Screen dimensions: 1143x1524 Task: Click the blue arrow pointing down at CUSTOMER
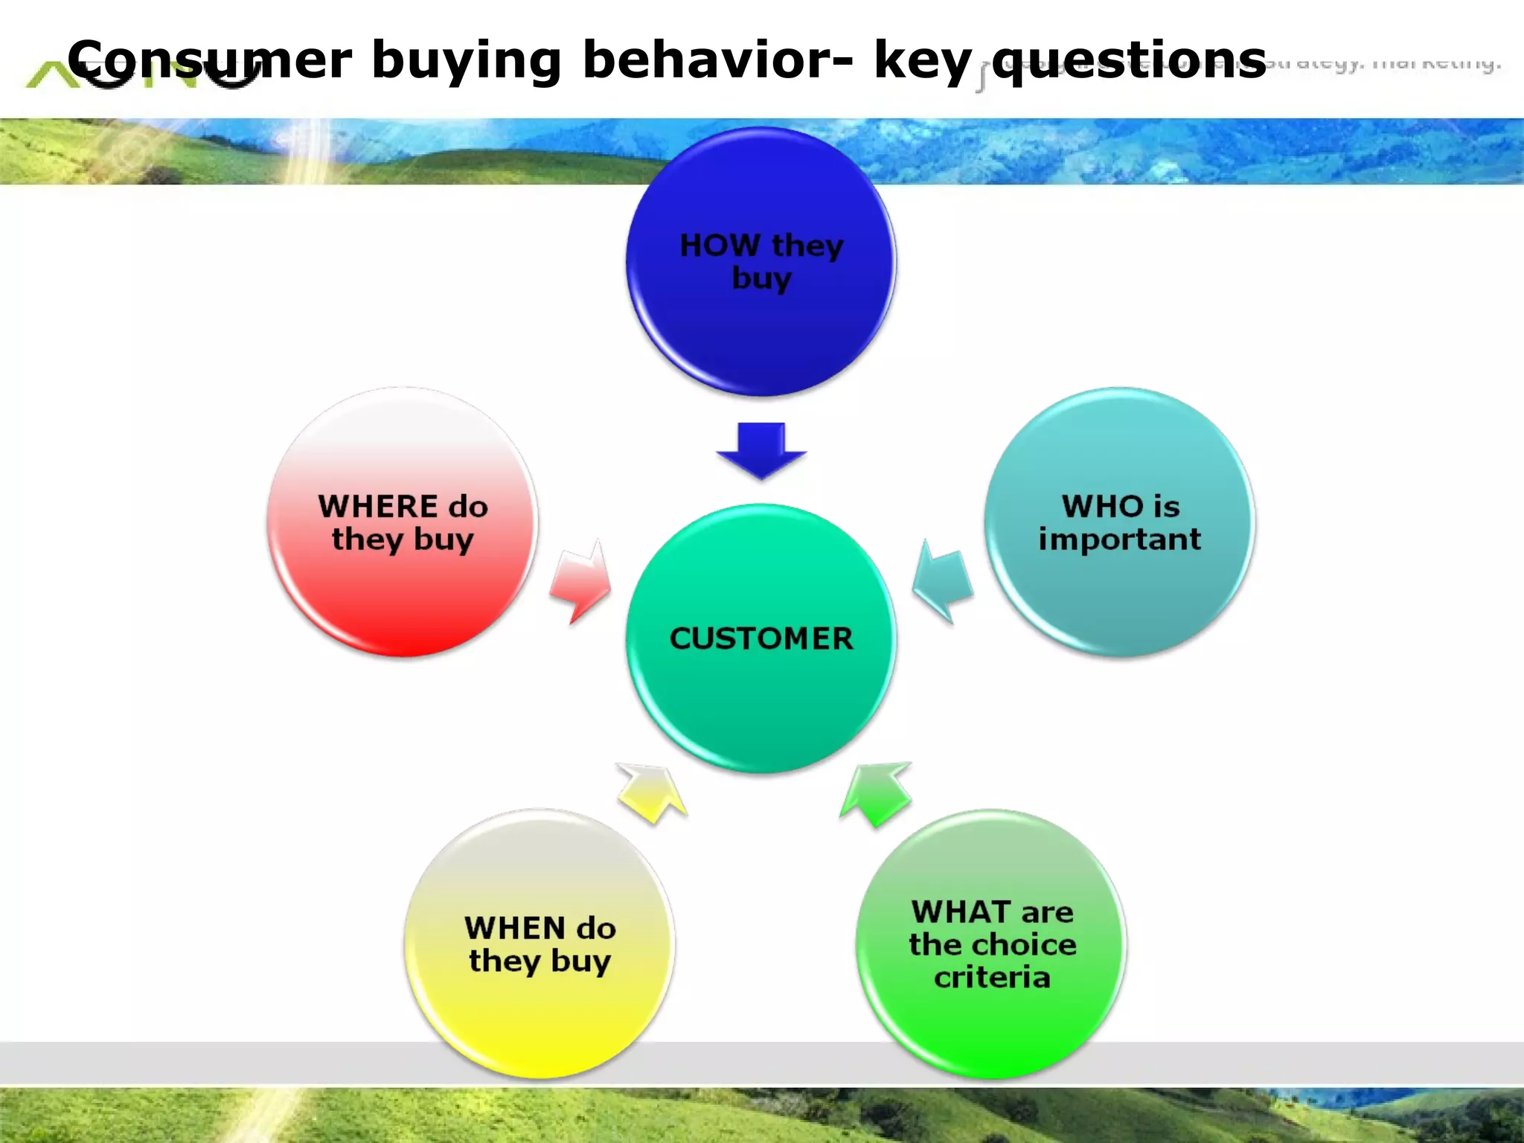pos(761,449)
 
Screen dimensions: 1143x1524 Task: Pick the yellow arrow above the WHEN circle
pos(651,792)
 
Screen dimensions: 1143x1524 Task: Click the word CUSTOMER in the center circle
pos(761,638)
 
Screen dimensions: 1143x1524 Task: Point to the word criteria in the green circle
pos(992,977)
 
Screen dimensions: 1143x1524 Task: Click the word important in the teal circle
pos(1120,540)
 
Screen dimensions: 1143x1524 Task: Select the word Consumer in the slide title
pos(209,60)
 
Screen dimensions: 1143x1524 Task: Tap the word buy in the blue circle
pos(761,279)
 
